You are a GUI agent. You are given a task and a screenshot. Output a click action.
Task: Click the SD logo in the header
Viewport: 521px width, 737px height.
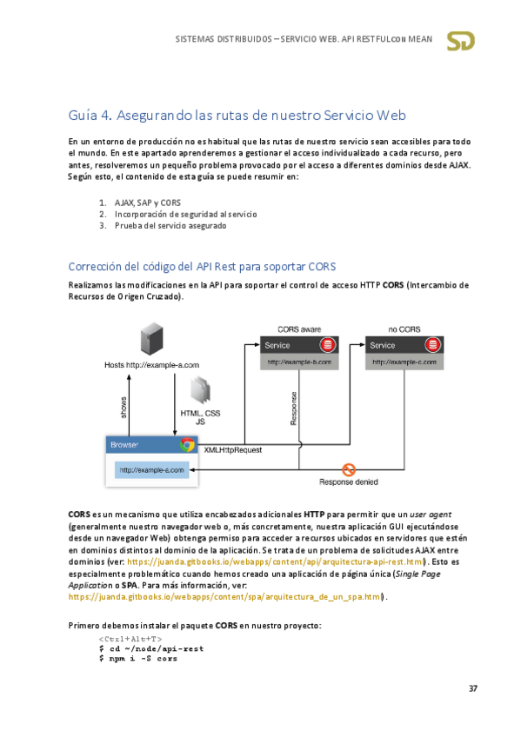point(460,41)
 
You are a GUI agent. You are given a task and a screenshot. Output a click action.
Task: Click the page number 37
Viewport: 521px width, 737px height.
point(473,688)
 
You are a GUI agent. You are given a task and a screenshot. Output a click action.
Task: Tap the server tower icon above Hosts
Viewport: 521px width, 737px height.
point(152,339)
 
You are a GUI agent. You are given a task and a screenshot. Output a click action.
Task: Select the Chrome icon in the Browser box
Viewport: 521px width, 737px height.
point(187,445)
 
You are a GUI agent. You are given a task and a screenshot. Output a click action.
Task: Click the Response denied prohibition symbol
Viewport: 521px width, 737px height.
point(349,469)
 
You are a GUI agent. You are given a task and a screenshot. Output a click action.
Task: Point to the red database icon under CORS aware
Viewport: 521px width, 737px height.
point(327,345)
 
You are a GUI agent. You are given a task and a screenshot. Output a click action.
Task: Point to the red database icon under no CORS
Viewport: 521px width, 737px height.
point(432,345)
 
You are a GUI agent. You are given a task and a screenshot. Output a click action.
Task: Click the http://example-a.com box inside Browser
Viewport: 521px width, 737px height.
point(151,470)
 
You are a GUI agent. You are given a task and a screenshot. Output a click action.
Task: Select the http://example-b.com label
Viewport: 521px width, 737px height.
point(299,362)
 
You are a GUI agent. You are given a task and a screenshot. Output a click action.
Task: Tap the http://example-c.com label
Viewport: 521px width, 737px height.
point(404,362)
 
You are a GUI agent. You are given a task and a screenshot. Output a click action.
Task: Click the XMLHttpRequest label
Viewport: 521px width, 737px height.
point(233,450)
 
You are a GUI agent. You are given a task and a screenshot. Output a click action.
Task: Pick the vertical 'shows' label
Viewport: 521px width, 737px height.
point(124,408)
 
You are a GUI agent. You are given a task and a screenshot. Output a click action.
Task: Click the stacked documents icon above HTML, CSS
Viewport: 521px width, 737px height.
point(200,390)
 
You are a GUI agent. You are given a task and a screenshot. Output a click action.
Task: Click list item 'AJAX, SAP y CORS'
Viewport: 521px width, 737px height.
point(148,203)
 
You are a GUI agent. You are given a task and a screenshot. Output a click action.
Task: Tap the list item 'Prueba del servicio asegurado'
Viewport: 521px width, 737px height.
point(170,226)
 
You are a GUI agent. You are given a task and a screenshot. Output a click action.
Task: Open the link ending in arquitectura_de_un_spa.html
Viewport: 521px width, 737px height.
point(225,597)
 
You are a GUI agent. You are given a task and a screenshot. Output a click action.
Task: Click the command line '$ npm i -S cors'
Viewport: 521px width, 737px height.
point(138,659)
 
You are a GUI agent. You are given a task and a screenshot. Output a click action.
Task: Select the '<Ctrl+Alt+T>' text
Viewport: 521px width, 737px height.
point(130,640)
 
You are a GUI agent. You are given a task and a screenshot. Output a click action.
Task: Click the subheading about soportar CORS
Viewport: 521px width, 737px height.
point(202,267)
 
